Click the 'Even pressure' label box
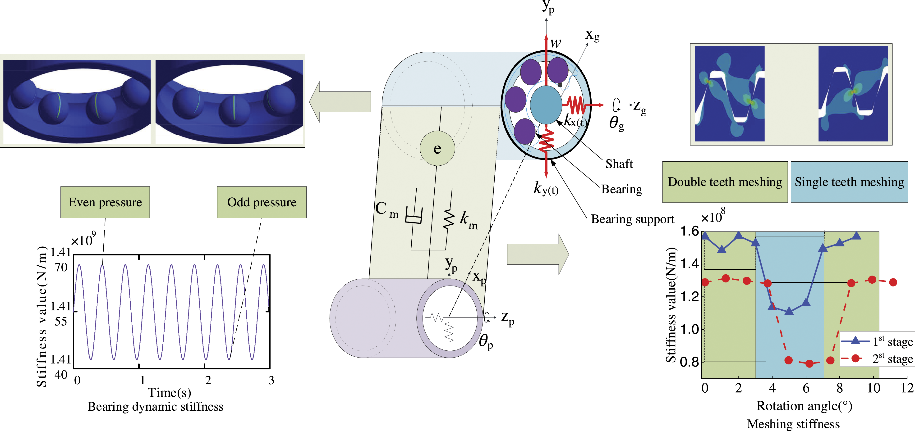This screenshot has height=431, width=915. click(105, 202)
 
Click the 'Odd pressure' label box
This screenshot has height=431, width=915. click(262, 202)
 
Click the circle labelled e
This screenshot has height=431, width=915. click(437, 148)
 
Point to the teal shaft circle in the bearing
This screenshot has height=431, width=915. click(546, 105)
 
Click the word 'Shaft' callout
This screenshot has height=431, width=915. click(619, 164)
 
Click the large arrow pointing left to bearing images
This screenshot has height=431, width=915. click(340, 102)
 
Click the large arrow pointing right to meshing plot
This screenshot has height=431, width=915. click(538, 254)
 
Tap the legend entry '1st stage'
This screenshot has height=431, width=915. click(877, 341)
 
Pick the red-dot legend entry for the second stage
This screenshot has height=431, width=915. click(877, 358)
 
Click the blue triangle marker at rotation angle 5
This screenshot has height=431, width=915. click(789, 311)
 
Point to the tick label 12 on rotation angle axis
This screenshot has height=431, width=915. click(907, 388)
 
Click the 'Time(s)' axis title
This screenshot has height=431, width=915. click(170, 393)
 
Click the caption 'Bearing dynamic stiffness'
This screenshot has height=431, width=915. click(156, 407)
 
